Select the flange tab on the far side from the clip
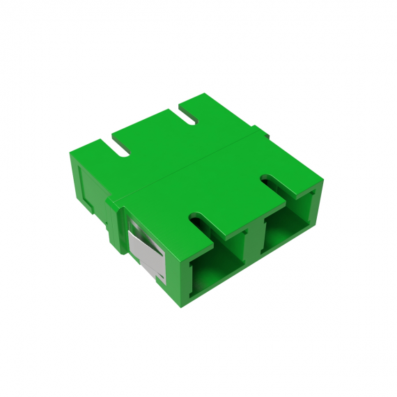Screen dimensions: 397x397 tap(259, 130)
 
